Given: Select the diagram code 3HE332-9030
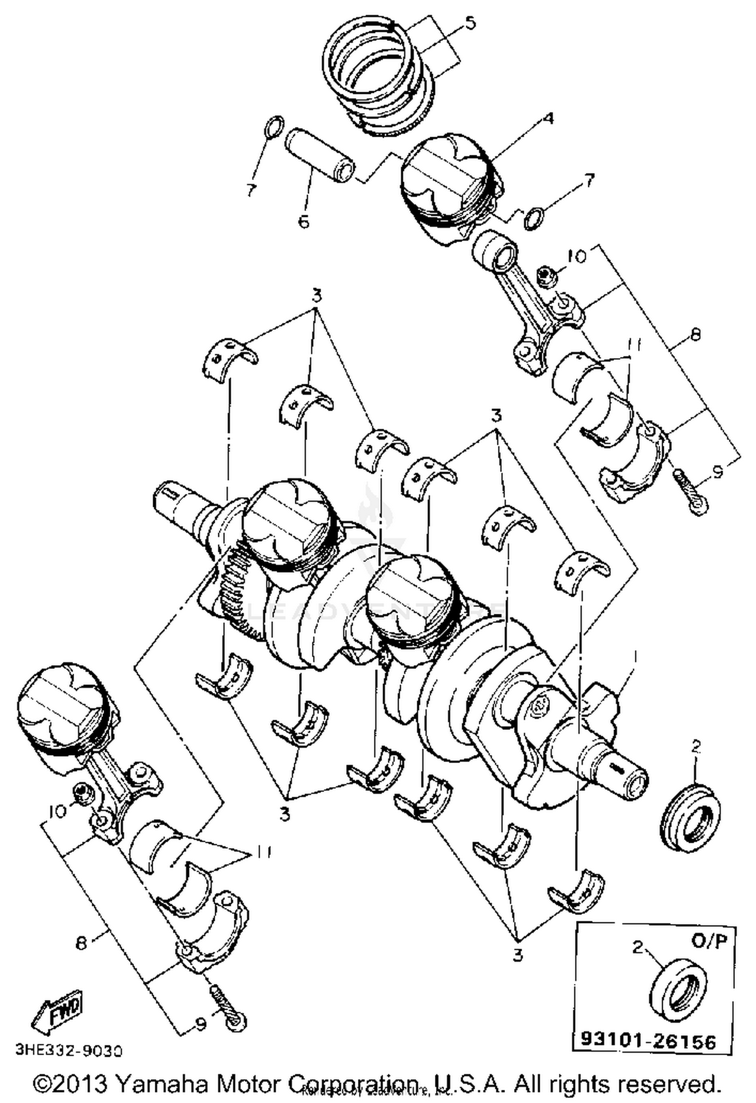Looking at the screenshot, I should click(69, 1050).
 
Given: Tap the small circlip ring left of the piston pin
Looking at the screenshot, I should click(274, 127).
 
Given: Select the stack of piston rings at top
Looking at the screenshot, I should click(375, 76).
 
